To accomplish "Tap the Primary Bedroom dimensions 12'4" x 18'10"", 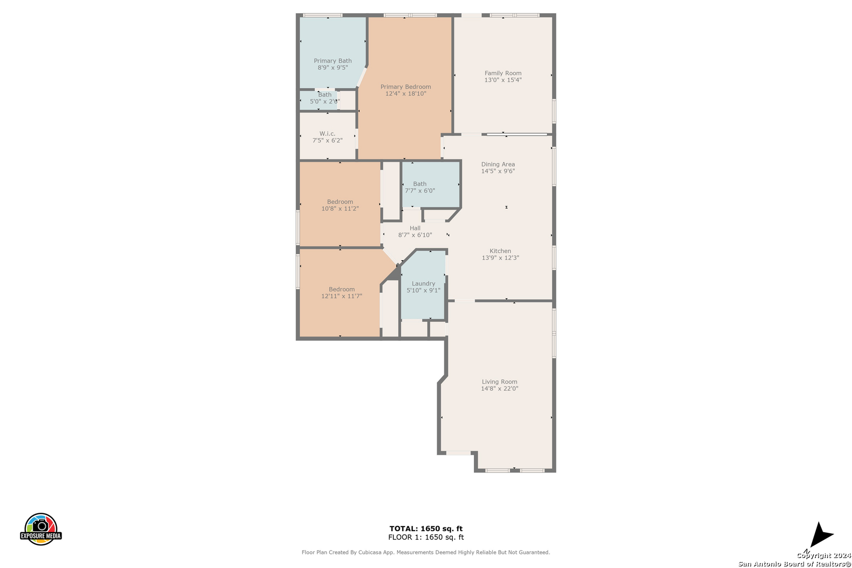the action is [x=405, y=94].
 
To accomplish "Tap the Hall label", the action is [x=415, y=228].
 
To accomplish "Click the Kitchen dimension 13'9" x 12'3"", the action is [x=500, y=258].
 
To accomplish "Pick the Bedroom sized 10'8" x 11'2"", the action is [x=340, y=205].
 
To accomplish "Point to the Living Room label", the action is [x=500, y=382].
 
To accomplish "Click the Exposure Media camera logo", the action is [x=40, y=529].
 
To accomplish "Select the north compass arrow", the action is [x=821, y=534].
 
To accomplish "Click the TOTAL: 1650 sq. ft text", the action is [x=425, y=529].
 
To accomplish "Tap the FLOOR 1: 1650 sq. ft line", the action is [x=425, y=537].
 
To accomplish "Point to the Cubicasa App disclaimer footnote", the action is [x=425, y=552].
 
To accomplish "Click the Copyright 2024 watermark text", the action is [x=824, y=556].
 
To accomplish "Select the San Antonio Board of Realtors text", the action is [x=795, y=564].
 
